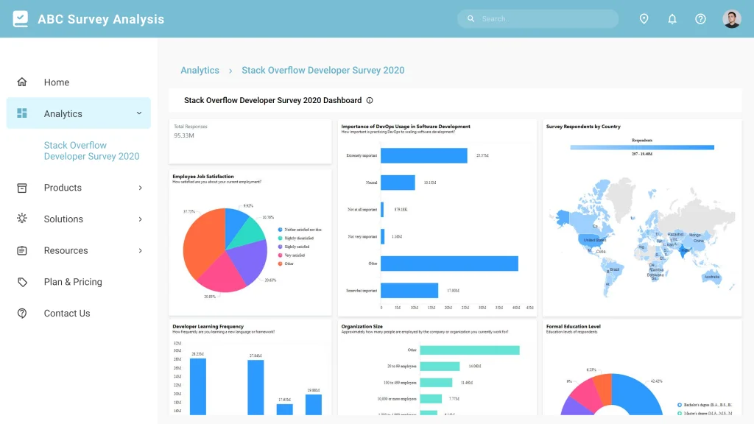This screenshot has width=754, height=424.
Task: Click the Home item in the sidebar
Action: pos(56,82)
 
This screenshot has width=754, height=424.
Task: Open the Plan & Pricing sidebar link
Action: pos(72,282)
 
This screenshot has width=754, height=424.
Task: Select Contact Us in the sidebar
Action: pos(66,314)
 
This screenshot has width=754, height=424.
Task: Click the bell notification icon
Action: pos(672,19)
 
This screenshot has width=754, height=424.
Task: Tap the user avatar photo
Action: pos(731,19)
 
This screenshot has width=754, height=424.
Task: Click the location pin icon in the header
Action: pos(644,19)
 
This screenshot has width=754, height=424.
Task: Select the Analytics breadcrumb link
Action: pos(200,71)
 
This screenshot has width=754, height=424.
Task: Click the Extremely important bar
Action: pos(424,156)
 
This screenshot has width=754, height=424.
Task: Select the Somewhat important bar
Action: pos(409,291)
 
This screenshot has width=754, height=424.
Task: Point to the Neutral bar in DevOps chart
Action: pos(398,183)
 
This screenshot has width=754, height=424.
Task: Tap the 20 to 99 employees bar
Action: pos(440,366)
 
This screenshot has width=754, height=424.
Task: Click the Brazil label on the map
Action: pos(615,270)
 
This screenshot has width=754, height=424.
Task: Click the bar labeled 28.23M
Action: pos(197,386)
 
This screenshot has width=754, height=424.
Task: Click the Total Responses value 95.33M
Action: pos(184,135)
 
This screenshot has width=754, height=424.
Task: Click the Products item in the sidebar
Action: pos(63,188)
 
